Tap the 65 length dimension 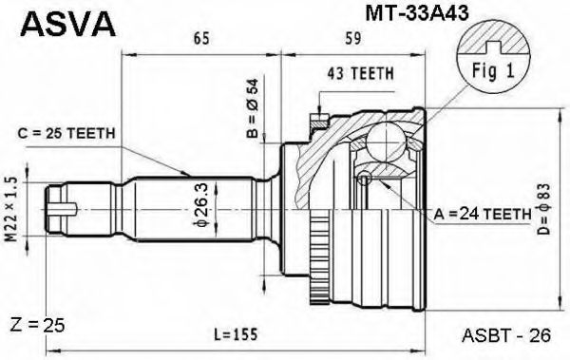coord(200,40)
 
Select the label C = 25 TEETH coord(67,133)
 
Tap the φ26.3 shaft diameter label coord(200,203)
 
